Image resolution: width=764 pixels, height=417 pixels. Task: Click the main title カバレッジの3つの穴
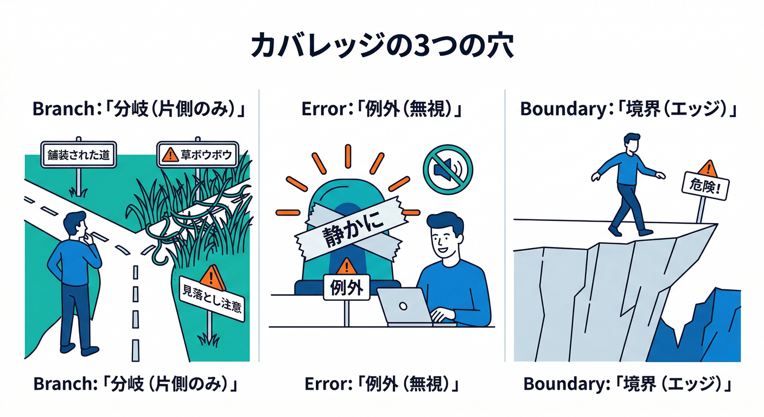(x=381, y=47)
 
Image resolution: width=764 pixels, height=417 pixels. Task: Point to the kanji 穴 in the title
(x=498, y=47)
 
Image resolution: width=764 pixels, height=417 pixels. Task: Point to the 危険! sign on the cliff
(x=704, y=189)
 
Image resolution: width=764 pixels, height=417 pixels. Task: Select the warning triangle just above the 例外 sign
(x=346, y=266)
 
